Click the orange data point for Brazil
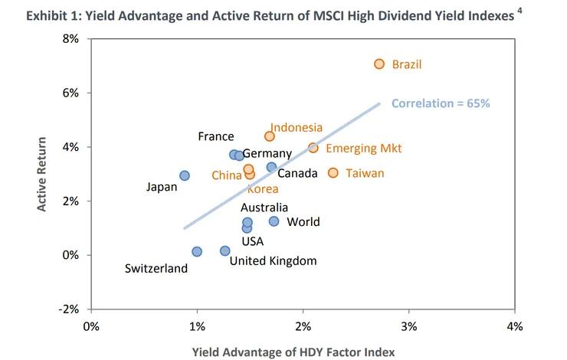(379, 64)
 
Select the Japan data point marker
(185, 175)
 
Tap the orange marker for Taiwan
(333, 173)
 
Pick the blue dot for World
(274, 221)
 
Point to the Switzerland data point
(197, 251)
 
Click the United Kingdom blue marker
(225, 250)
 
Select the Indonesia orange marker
(269, 136)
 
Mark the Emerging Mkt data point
(313, 148)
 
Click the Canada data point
(271, 167)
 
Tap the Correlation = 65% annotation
(440, 103)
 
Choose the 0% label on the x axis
(90, 326)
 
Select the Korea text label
(262, 188)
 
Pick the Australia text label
(264, 207)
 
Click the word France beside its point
(215, 136)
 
